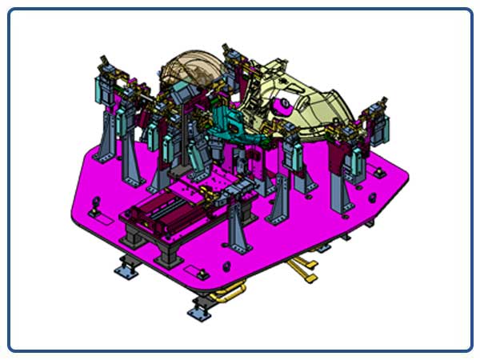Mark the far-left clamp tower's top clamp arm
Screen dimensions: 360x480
click(x=104, y=64)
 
